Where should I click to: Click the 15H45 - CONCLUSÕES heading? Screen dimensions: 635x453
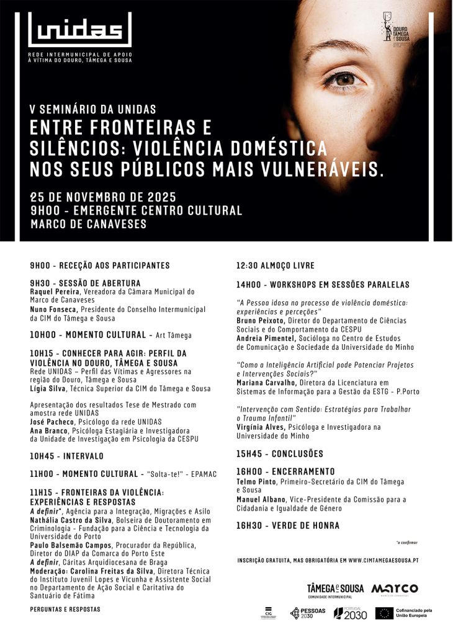pyautogui.click(x=279, y=453)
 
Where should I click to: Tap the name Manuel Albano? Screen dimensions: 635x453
pyautogui.click(x=261, y=499)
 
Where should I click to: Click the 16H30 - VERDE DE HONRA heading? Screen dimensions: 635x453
pyautogui.click(x=287, y=525)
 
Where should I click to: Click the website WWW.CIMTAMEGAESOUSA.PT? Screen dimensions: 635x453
pyautogui.click(x=383, y=560)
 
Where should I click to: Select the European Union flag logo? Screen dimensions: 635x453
pyautogui.click(x=383, y=613)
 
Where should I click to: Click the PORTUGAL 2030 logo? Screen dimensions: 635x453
pyautogui.click(x=350, y=613)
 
